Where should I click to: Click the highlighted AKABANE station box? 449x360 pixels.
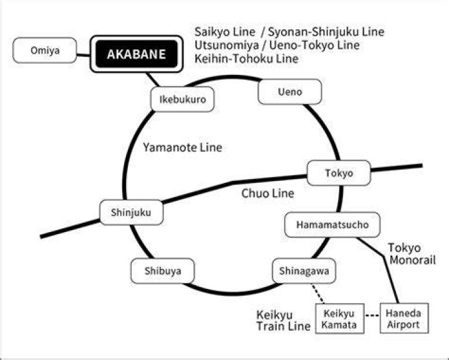(137, 54)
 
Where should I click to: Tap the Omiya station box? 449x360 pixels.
(45, 50)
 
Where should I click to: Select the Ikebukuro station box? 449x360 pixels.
(182, 99)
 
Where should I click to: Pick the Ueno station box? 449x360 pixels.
(290, 92)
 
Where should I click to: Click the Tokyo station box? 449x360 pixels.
(339, 173)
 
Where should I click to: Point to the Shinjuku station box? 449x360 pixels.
(132, 212)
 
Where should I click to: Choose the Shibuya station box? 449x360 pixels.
(163, 271)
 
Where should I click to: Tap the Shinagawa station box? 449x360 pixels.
(304, 271)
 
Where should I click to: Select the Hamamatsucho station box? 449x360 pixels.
(332, 225)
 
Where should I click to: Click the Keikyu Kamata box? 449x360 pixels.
(340, 318)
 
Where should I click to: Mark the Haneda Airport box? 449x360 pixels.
(404, 318)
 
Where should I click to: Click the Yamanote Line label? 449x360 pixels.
(183, 147)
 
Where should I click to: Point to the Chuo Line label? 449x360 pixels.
(268, 193)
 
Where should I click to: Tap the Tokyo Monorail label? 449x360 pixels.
(412, 254)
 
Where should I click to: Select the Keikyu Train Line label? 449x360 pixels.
(283, 321)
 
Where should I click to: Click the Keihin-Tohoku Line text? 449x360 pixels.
(246, 59)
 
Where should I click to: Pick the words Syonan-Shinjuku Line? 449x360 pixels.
(326, 32)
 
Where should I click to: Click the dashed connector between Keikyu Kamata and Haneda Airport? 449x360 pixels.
(372, 316)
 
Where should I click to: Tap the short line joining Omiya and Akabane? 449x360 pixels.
(84, 55)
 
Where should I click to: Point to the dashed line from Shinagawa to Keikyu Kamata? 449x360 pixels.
(318, 294)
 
